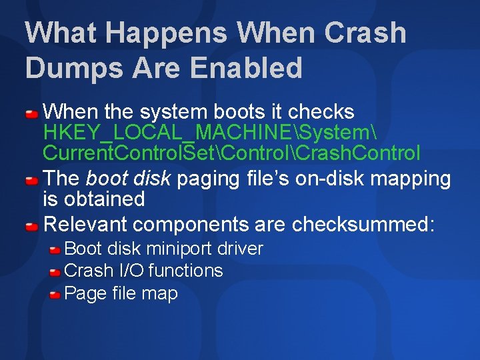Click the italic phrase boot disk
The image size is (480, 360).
click(124, 179)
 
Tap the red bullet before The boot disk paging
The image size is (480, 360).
click(32, 179)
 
